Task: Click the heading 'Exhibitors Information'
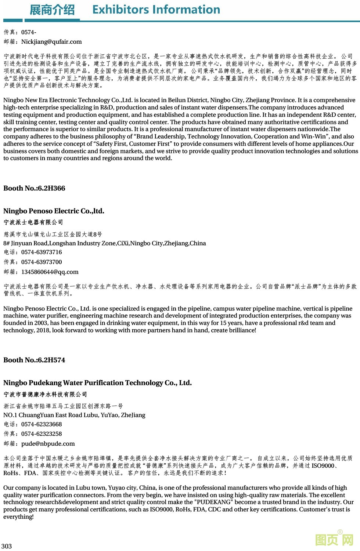click(156, 10)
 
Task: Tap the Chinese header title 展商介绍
click(52, 10)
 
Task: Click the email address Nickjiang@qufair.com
click(51, 42)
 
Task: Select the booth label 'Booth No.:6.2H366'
click(34, 188)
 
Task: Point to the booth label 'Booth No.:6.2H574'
click(34, 360)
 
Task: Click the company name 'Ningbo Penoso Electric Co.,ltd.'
click(54, 211)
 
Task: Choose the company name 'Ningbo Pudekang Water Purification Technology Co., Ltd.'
click(97, 383)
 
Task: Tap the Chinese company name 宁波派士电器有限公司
click(33, 222)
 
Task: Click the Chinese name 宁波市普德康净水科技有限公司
click(45, 394)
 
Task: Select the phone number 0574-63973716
click(42, 252)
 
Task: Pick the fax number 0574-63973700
click(42, 262)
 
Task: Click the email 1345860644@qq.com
click(50, 272)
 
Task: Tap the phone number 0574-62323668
click(42, 424)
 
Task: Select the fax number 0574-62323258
click(42, 434)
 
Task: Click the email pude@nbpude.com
click(48, 444)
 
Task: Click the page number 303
click(7, 546)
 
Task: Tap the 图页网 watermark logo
click(334, 540)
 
